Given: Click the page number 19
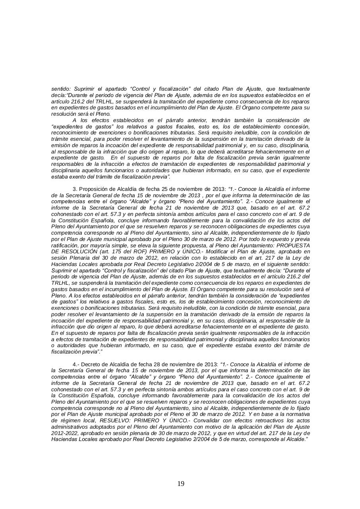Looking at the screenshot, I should coord(180,484).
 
